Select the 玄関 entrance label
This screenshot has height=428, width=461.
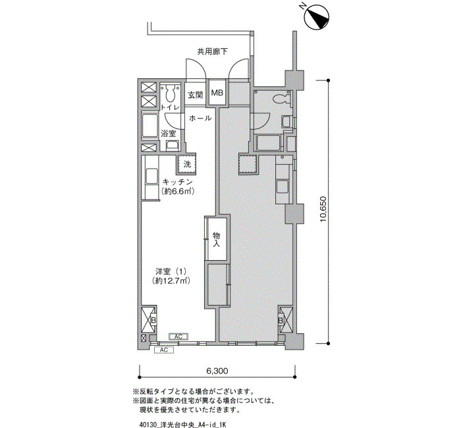196,95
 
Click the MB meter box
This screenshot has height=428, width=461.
217,94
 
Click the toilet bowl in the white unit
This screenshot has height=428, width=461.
171,92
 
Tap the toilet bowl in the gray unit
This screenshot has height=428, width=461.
282,99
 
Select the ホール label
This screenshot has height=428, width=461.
200,119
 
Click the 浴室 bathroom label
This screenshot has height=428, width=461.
169,134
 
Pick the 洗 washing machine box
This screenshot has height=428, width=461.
187,164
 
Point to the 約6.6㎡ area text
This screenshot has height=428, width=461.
176,192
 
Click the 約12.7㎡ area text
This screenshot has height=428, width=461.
172,281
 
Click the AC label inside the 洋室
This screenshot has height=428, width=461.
177,336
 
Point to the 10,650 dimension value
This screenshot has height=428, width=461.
323,211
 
